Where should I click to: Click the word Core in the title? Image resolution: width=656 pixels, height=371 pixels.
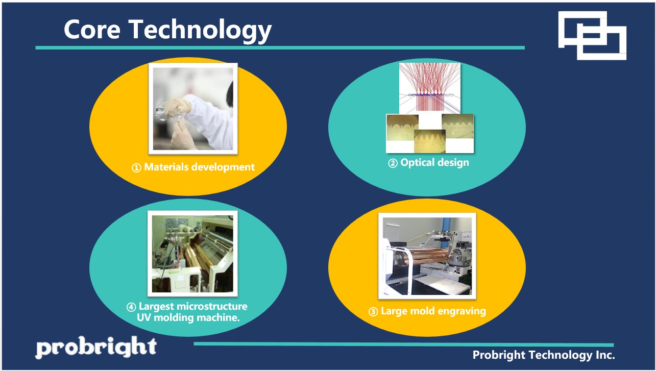pyautogui.click(x=91, y=30)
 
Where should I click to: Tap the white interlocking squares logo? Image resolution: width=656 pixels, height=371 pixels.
pyautogui.click(x=592, y=35)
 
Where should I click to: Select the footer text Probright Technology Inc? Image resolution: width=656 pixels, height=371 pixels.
pyautogui.click(x=543, y=355)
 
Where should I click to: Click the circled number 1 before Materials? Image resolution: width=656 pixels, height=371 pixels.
pyautogui.click(x=136, y=167)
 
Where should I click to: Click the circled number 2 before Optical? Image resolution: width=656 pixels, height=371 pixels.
pyautogui.click(x=393, y=163)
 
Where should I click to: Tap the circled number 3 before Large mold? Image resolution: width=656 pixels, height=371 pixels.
pyautogui.click(x=373, y=311)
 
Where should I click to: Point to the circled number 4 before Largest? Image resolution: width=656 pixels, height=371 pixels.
pyautogui.click(x=131, y=307)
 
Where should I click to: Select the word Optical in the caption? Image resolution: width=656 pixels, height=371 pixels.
pyautogui.click(x=417, y=163)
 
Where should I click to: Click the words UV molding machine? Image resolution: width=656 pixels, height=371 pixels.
pyautogui.click(x=189, y=317)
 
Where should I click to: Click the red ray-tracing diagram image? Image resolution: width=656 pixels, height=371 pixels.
pyautogui.click(x=429, y=87)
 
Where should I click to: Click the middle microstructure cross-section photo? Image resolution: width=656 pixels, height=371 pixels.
pyautogui.click(x=429, y=140)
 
